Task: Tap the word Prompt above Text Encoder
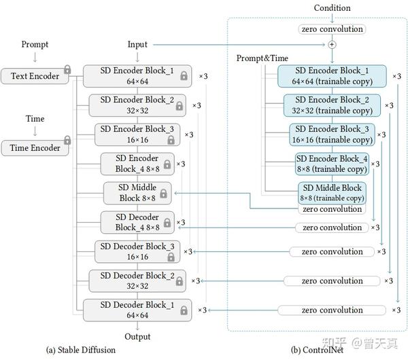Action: pos(35,45)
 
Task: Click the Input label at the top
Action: pos(137,45)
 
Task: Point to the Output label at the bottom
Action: pos(137,337)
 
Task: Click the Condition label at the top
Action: pos(333,8)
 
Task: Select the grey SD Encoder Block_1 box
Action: pos(137,76)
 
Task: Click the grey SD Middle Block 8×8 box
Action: pos(137,193)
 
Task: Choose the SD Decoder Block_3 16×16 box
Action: pos(137,251)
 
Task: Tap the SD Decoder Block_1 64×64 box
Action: pos(137,310)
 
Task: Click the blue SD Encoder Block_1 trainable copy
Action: pos(332,76)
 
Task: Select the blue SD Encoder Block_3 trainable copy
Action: pos(332,134)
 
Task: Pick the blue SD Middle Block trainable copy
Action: pos(332,192)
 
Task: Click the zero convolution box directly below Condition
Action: pos(332,29)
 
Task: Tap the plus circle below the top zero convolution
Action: pos(333,44)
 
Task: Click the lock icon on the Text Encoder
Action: pos(67,69)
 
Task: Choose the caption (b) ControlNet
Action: pos(317,350)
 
